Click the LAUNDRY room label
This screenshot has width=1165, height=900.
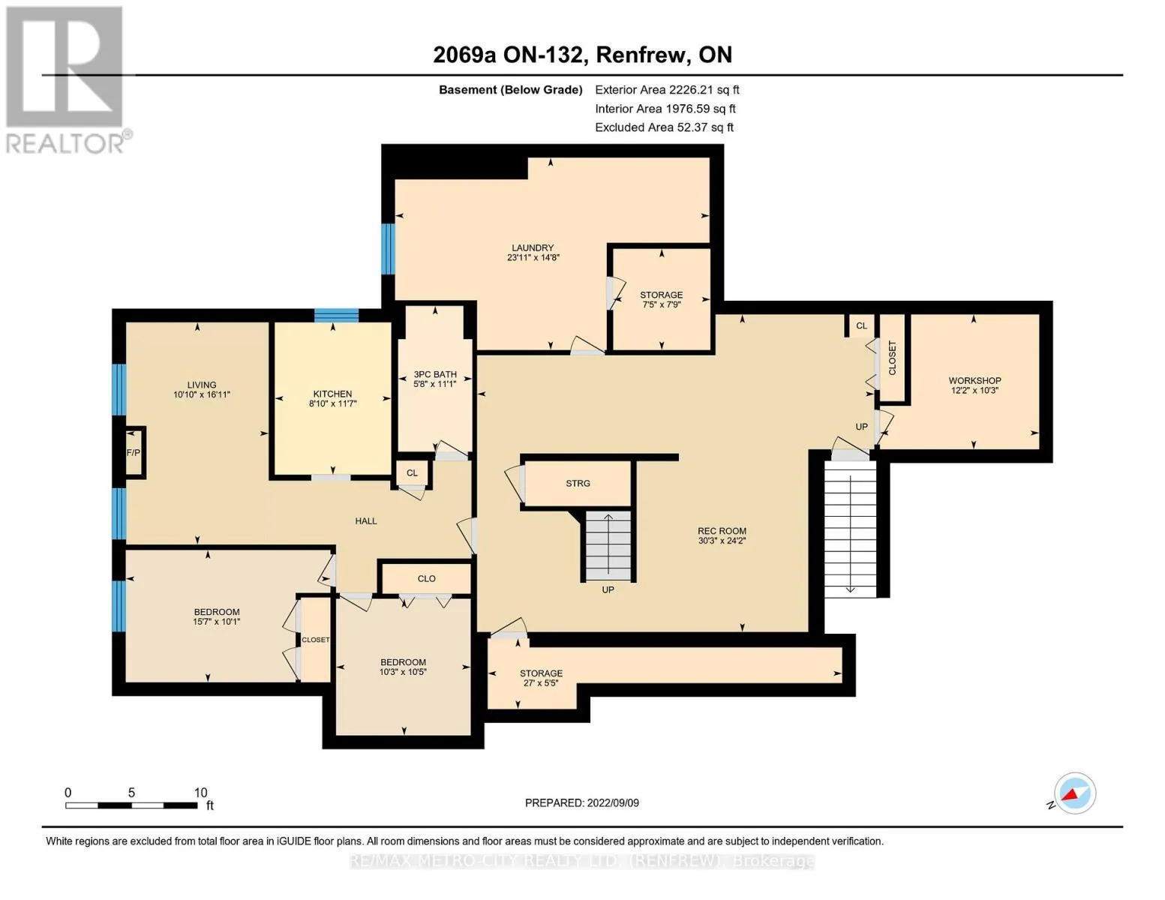coord(532,247)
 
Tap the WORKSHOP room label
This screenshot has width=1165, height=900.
coord(974,380)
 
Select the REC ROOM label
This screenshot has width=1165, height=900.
coord(722,531)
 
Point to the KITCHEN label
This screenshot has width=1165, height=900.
coord(332,394)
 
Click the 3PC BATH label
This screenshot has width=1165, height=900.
coord(435,374)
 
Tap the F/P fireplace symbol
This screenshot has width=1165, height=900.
coord(134,452)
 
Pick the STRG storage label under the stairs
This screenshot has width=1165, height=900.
coord(578,484)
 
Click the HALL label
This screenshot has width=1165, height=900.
coord(365,521)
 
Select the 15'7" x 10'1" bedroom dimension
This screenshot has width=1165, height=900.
coord(217,622)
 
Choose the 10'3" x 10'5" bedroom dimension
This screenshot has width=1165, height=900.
coord(403,672)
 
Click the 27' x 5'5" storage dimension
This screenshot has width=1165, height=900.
coord(541,683)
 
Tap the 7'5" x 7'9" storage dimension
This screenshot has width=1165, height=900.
coord(661,304)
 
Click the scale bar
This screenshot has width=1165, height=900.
coord(131,805)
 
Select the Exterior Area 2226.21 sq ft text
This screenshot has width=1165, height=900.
coord(667,90)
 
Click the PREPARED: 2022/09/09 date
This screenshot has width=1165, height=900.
coord(581,803)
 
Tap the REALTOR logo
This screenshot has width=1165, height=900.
coord(68,80)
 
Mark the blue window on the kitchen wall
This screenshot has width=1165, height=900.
coord(336,315)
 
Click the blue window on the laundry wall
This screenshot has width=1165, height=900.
coord(388,249)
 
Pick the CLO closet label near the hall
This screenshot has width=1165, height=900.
coord(426,579)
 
